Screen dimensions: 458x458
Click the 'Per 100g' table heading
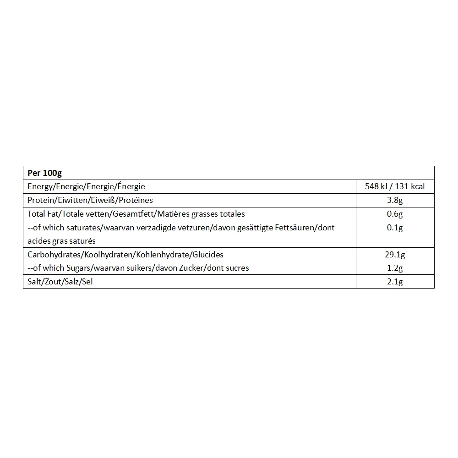click(x=44, y=173)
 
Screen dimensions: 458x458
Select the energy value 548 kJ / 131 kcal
click(x=395, y=186)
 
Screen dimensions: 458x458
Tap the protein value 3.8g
click(x=395, y=200)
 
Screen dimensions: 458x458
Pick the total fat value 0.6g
click(x=395, y=214)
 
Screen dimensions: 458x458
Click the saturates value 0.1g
click(x=395, y=228)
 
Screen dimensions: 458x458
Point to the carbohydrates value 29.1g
click(x=395, y=255)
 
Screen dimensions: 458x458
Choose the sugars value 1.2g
click(x=395, y=268)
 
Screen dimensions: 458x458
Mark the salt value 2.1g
click(x=395, y=282)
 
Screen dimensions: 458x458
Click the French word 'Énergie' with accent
click(x=131, y=186)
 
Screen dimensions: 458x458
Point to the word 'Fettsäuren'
click(x=296, y=228)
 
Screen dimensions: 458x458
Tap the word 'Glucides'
click(x=209, y=255)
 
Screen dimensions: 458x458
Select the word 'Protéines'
click(x=136, y=200)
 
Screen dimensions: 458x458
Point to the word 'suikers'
click(x=141, y=268)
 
